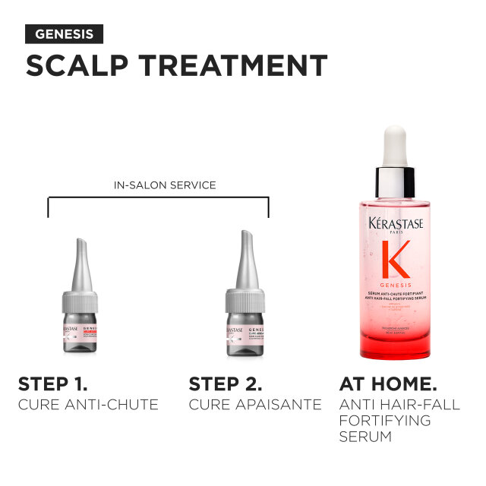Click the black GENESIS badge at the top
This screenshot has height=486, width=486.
pyautogui.click(x=64, y=34)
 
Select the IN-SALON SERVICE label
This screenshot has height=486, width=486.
pyautogui.click(x=158, y=185)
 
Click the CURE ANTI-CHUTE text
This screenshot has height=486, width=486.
pyautogui.click(x=88, y=405)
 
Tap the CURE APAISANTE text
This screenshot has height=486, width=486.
pyautogui.click(x=255, y=405)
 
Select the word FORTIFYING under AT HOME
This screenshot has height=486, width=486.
pyautogui.click(x=384, y=420)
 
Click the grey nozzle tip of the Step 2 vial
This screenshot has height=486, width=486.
pyautogui.click(x=245, y=254)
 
